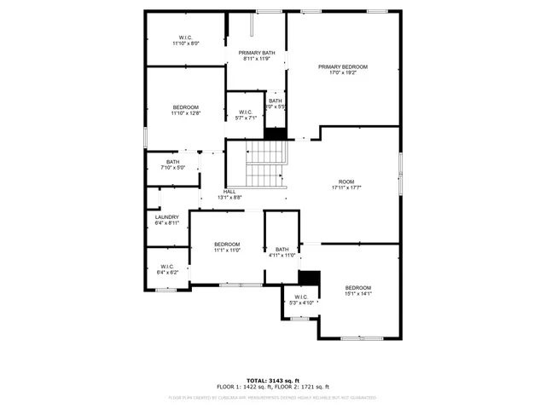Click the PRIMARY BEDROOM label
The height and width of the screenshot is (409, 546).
click(x=342, y=66)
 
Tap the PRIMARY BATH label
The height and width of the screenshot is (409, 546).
click(x=256, y=53)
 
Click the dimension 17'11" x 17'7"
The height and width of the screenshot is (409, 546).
click(x=346, y=188)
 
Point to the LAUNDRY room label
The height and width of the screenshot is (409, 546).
click(x=166, y=217)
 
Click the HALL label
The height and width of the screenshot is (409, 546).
click(x=229, y=192)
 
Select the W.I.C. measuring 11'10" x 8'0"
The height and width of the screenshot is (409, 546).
click(x=185, y=37)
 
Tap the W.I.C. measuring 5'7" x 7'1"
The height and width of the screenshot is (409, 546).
click(x=246, y=112)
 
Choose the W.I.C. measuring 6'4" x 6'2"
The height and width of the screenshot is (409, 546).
click(x=168, y=267)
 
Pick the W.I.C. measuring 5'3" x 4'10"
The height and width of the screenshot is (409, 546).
click(x=299, y=297)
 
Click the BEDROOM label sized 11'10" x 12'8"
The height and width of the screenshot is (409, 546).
click(x=185, y=107)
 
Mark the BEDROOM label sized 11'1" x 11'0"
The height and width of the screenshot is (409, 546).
click(x=227, y=245)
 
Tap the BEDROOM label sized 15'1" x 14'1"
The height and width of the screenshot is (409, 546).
click(x=357, y=288)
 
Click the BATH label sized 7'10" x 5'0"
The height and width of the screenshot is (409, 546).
click(x=172, y=162)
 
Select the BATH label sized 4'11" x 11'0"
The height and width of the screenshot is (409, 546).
click(x=282, y=250)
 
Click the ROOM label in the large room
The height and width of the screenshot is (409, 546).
click(x=346, y=181)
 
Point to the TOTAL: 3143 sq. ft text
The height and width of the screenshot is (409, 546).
click(x=272, y=380)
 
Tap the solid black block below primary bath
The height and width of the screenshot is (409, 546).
click(x=276, y=134)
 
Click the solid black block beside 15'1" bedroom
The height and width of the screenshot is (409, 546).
click(x=309, y=278)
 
